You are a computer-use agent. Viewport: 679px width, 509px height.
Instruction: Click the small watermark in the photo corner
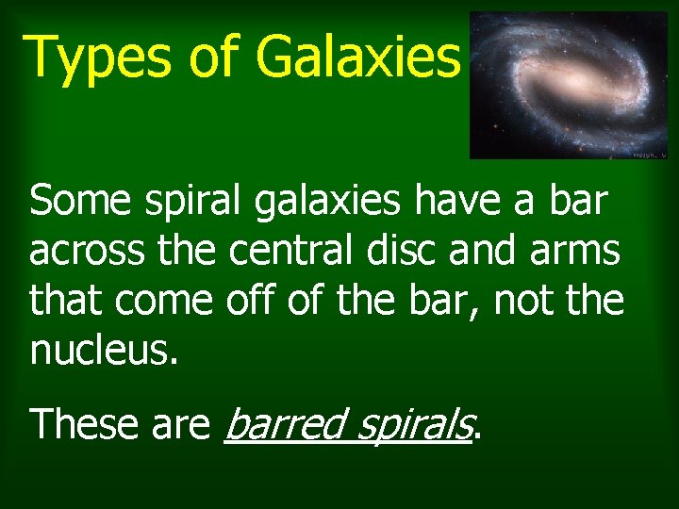648,154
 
